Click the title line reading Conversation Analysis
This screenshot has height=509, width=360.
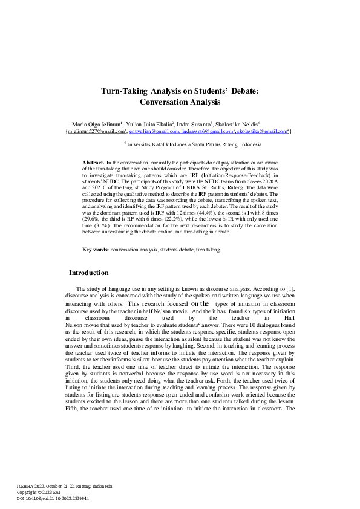coord(180,103)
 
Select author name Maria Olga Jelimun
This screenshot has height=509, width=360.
coord(96,124)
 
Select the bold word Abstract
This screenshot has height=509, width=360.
coord(93,163)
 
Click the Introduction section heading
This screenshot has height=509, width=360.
coord(89,273)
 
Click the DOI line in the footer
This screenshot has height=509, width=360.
coord(54,499)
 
